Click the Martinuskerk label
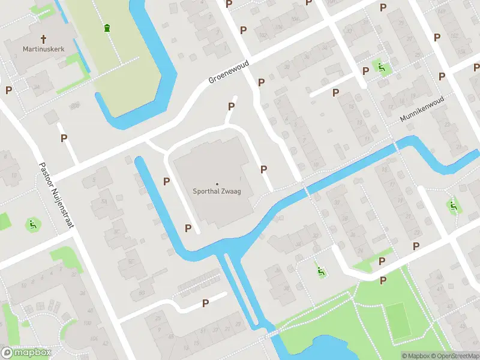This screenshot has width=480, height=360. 43,49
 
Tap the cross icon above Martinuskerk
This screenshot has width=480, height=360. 43,37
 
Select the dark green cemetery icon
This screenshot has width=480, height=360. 107,28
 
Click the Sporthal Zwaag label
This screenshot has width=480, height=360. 217,193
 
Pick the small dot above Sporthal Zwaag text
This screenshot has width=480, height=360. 217,184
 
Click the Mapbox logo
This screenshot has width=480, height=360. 26,353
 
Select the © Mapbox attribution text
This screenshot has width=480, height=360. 415,356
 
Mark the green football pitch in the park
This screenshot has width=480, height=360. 398,320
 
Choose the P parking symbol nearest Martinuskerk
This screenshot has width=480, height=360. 8,90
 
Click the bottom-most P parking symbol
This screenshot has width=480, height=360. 206,304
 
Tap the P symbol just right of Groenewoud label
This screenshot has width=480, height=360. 261,82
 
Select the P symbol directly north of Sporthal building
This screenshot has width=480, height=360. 231,107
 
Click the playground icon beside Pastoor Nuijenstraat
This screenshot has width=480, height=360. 32,225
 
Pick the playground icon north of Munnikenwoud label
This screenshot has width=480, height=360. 380,67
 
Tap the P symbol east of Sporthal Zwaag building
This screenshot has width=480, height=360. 263,170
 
